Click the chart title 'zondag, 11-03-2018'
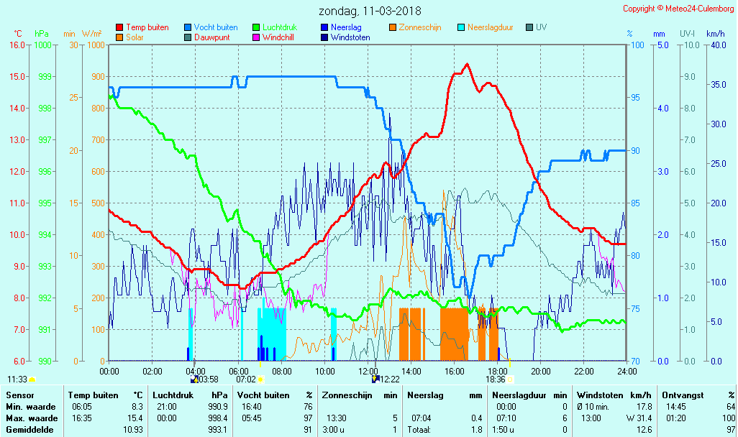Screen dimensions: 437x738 [370, 11]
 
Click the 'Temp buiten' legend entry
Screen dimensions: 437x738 [147, 27]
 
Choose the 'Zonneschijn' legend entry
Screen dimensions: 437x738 [419, 27]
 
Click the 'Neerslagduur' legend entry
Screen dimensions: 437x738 [490, 27]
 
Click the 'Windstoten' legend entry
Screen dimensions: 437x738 [350, 37]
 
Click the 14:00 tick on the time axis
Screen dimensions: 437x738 [411, 372]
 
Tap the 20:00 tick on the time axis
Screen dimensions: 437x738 [540, 372]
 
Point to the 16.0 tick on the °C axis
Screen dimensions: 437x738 [17, 45]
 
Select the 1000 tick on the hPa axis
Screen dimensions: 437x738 [42, 45]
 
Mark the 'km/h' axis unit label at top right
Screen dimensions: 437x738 [715, 34]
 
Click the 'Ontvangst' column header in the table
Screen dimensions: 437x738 [681, 395]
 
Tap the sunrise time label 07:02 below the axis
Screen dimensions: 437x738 [246, 379]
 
